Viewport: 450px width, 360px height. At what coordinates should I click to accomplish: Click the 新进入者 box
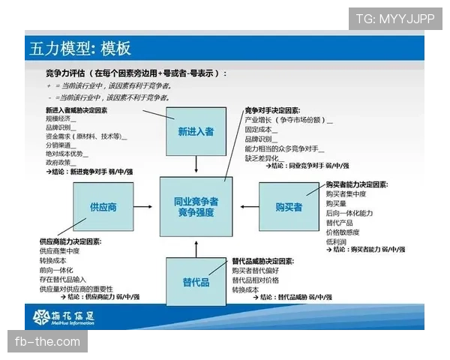(196, 131)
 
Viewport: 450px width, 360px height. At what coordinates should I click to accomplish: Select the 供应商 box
(103, 206)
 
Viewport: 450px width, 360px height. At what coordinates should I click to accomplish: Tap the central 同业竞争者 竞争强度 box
(196, 207)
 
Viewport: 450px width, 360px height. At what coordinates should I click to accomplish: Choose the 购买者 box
(289, 207)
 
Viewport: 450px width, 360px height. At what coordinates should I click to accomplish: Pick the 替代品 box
(196, 282)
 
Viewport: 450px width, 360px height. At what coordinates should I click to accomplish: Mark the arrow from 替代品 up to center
(196, 247)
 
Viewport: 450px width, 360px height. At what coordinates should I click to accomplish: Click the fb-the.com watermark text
(47, 342)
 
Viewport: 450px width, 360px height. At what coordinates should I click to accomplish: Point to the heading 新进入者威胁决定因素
(76, 109)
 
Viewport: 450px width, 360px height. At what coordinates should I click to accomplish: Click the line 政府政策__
(62, 162)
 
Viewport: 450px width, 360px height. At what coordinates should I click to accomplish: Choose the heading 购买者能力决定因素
(355, 184)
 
